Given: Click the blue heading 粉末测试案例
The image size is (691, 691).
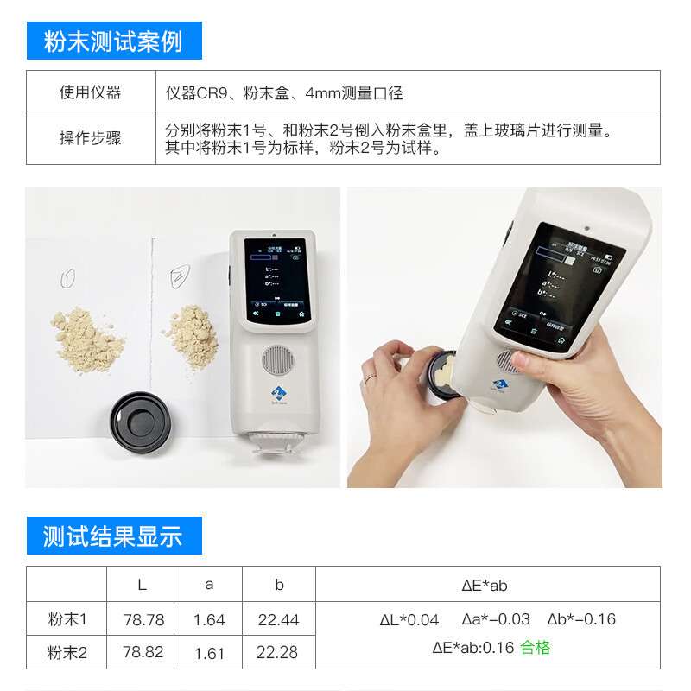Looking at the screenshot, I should coord(113,41).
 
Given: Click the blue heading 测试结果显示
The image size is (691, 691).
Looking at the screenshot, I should coord(113,536).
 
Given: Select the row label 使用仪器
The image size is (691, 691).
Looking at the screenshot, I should coord(90,92).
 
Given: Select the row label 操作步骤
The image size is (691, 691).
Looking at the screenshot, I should coord(90,138).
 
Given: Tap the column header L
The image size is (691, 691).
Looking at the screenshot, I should coord(142,585).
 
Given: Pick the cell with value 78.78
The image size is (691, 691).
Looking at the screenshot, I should coord(143,619).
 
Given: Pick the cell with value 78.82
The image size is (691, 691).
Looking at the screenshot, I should coord(143,652).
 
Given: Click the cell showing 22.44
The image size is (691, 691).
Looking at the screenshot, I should coord(278,619).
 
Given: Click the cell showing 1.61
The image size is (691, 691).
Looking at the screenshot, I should coord(209,653).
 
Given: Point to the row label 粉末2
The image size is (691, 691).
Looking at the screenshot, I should coord(67,653).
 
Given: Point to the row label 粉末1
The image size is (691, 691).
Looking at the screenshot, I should coord(67,619).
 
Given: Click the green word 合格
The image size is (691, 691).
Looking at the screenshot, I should coord(535,648).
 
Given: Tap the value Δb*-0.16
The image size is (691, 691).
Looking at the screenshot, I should coord(581,619).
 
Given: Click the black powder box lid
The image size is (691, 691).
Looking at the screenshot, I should coord(143,424).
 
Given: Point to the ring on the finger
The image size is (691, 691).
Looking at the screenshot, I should coord(369,377).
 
